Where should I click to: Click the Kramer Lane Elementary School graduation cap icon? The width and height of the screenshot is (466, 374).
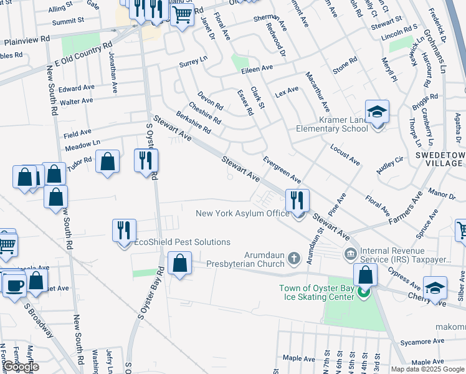coord(377,112)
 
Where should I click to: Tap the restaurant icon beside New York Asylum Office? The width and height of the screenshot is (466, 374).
coord(297,201)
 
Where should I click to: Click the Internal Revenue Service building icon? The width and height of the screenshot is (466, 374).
coord(349,254)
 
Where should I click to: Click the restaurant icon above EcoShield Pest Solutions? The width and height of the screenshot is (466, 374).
coord(124,231)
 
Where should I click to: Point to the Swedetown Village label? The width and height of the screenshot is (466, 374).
coord(439,158)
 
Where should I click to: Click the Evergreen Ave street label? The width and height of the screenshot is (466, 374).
coord(282,170)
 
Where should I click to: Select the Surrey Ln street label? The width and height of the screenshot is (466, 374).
coord(193,61)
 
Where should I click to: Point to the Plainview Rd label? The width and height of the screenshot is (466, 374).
coord(27,40)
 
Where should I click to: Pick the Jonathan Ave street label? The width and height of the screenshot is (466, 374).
coord(113,72)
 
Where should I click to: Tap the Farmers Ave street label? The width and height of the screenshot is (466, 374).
coord(405,207)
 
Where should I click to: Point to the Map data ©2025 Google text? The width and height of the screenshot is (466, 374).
coord(427,369)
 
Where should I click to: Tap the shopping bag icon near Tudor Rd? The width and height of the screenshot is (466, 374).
coord(108,162)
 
